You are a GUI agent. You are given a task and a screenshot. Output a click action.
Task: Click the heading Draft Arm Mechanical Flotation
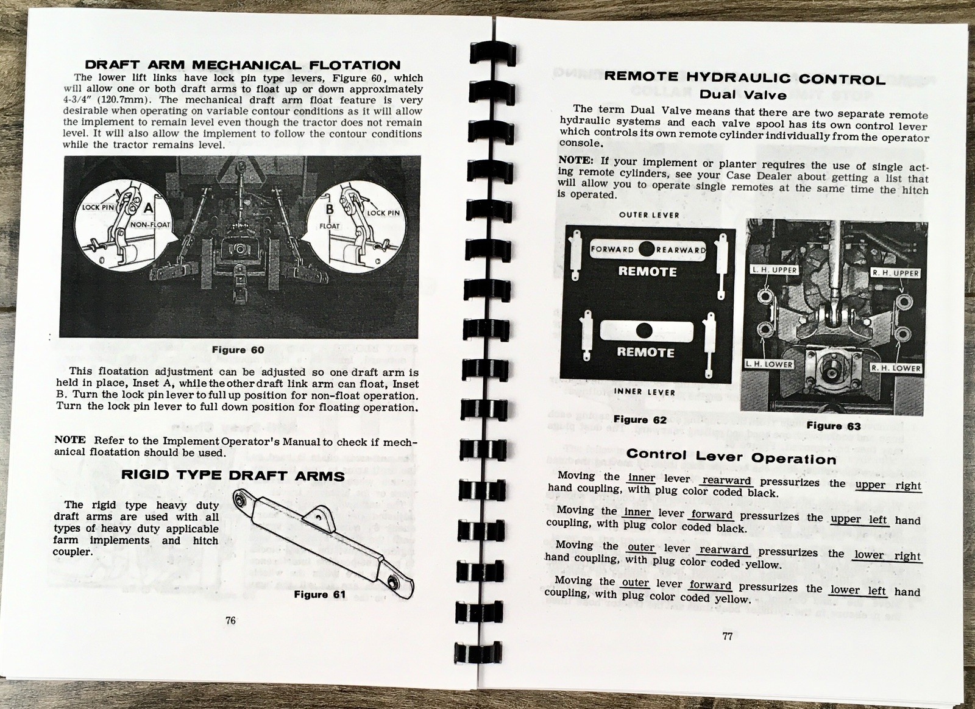tap(242, 65)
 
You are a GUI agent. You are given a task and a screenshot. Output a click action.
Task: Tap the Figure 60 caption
tap(238, 350)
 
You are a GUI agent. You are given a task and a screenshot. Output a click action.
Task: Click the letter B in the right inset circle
tap(330, 209)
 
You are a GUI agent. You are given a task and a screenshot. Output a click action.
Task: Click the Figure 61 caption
tap(319, 594)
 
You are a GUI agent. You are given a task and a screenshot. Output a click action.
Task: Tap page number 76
tap(230, 621)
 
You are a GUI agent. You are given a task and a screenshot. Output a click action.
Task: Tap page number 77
tap(727, 637)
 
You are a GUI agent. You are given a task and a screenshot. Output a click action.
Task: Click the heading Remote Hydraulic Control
tap(744, 78)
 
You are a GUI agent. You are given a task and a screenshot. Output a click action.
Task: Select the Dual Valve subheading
tap(742, 94)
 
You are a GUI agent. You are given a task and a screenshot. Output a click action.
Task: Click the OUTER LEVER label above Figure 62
tap(649, 215)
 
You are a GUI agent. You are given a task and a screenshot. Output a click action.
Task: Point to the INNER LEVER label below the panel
tap(645, 392)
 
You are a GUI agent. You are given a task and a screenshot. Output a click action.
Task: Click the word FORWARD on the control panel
tap(612, 249)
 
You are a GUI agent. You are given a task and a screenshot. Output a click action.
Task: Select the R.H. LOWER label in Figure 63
tap(895, 368)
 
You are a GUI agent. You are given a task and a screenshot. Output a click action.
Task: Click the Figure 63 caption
tap(834, 426)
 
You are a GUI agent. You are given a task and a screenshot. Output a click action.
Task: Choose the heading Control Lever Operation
tap(731, 456)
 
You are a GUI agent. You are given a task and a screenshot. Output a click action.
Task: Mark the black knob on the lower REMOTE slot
tap(643, 331)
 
